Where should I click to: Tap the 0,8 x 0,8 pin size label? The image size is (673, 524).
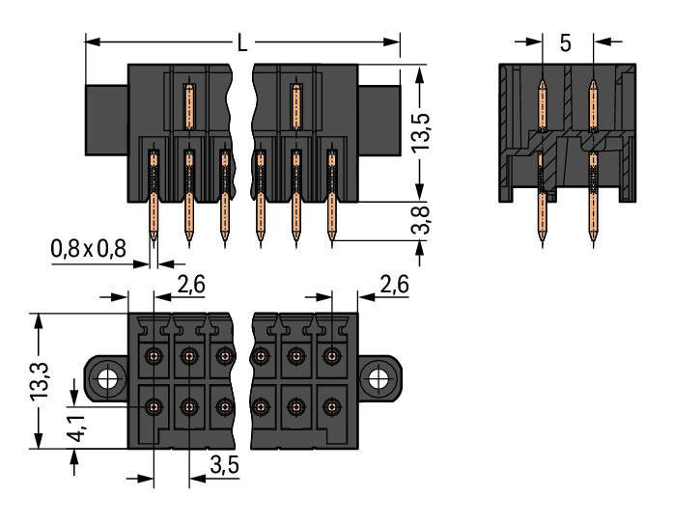tap(88, 249)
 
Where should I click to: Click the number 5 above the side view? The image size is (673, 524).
tap(566, 43)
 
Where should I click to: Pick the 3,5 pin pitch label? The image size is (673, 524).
tap(223, 467)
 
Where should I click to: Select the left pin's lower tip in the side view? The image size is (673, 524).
tap(542, 238)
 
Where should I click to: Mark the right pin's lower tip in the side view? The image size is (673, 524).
tap(591, 238)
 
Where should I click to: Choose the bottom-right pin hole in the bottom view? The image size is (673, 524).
tap(332, 406)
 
